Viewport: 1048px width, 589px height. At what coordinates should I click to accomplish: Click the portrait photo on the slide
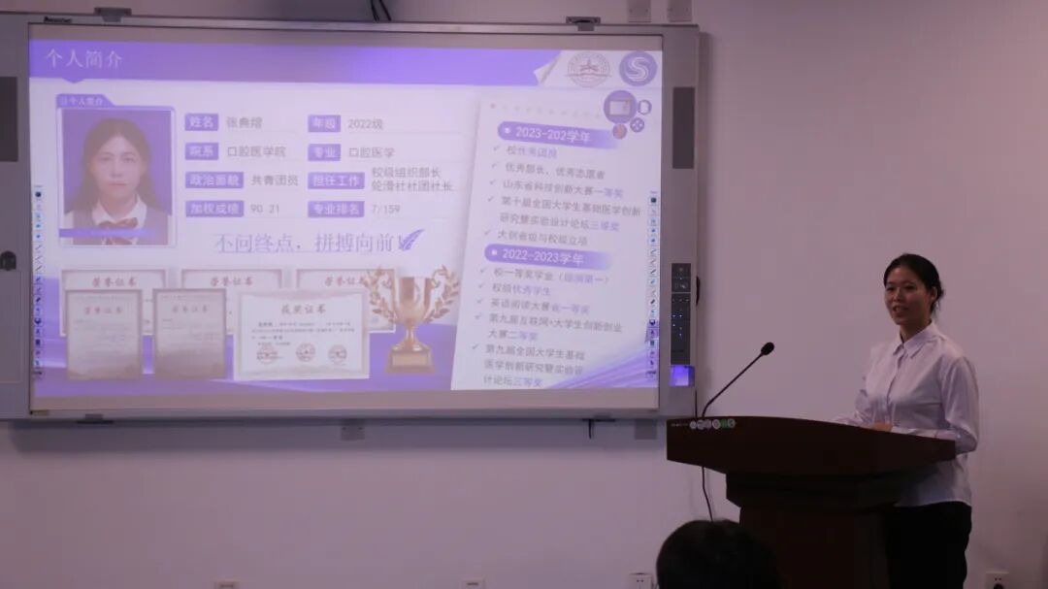tap(115, 176)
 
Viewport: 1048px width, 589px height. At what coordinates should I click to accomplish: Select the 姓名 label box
tap(201, 122)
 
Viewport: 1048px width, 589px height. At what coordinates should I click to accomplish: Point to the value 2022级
tap(365, 124)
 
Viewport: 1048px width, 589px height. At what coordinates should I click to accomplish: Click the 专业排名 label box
tap(336, 209)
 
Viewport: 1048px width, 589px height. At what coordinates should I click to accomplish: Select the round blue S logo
tap(638, 69)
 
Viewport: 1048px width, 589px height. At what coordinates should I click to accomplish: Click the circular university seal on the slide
tap(587, 69)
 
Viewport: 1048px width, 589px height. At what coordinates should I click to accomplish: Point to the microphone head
tap(767, 348)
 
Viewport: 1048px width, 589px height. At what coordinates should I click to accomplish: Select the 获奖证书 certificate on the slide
tap(303, 335)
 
